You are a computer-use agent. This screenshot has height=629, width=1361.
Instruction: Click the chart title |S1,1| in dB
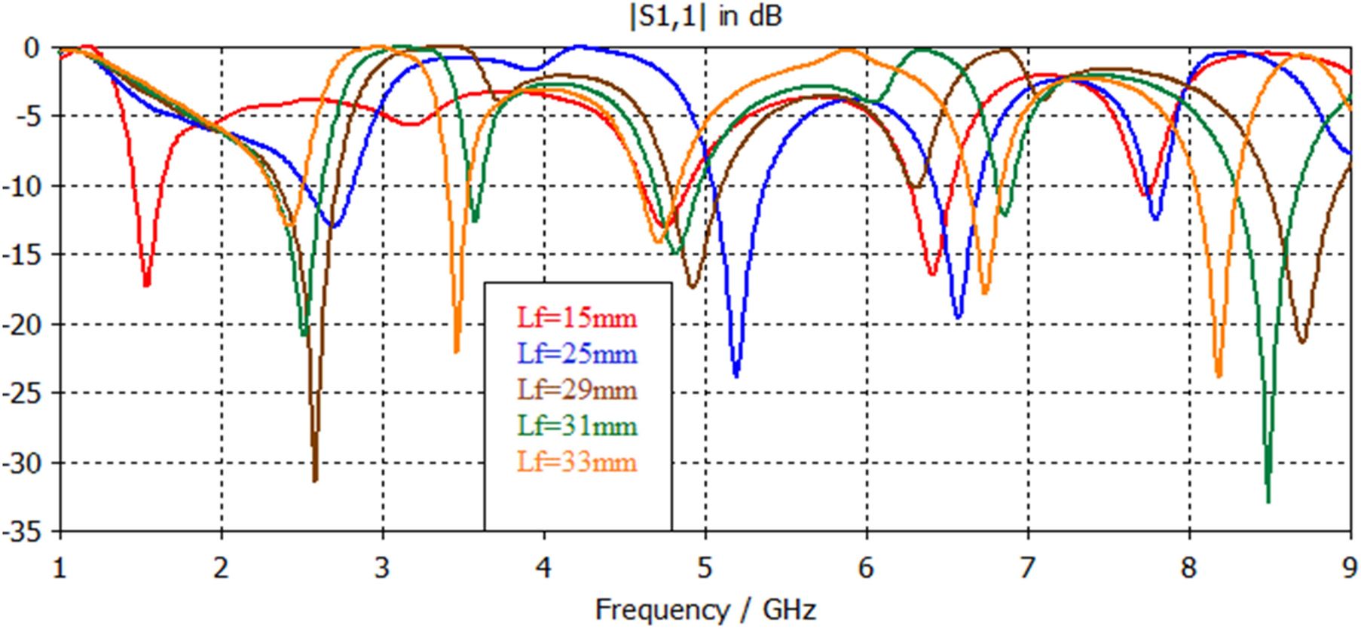705,17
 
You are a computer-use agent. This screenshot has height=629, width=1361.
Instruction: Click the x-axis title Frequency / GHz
705,609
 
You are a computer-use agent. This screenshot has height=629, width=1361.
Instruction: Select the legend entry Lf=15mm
577,318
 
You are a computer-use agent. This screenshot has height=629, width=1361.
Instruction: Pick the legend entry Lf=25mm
577,354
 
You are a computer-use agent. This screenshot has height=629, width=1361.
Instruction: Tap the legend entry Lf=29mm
577,390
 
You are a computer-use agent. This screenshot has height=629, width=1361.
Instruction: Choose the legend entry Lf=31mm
577,426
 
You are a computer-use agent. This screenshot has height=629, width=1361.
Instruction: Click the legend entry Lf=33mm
577,462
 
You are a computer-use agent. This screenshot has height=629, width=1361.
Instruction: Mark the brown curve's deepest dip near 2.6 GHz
315,480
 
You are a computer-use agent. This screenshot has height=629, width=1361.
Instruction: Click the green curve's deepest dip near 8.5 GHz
1268,500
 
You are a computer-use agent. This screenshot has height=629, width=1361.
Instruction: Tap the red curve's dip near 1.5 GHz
146,285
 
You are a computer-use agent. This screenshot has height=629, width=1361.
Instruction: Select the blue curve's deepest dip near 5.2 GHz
736,375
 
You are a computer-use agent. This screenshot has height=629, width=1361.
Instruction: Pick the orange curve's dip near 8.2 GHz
1219,375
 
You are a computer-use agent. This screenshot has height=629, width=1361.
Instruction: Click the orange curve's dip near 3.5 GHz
457,351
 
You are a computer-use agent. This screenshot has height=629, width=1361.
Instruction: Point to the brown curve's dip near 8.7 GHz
1302,341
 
